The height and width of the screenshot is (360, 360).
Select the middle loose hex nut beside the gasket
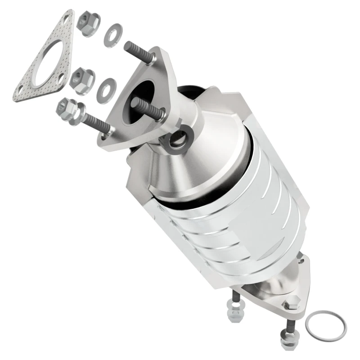click(83, 80)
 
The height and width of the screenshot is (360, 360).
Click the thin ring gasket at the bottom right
click(326, 326)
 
